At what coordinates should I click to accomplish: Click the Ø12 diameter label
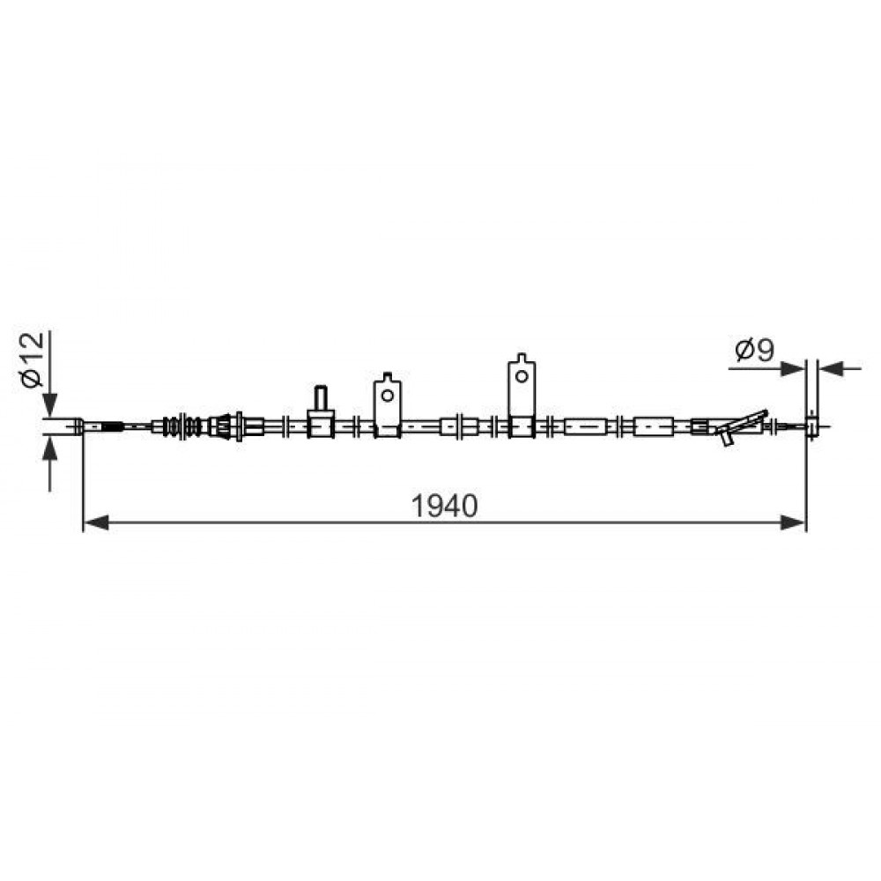[32, 359]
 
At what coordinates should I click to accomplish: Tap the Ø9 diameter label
[755, 351]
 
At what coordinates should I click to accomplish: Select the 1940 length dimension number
[444, 506]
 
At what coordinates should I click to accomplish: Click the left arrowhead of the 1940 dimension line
[95, 523]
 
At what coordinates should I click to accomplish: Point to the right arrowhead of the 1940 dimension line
[794, 523]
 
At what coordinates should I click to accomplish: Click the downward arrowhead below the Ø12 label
[50, 404]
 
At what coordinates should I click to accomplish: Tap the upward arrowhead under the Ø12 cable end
[50, 448]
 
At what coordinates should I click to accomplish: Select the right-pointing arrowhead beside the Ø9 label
[794, 368]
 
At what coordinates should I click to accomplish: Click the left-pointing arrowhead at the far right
[831, 368]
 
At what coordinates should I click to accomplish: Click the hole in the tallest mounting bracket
[522, 376]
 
